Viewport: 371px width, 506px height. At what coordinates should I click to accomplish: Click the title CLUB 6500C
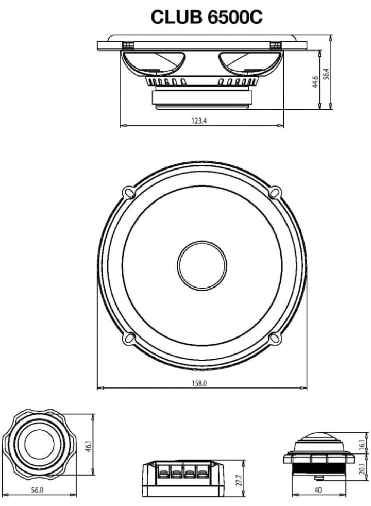point(207,16)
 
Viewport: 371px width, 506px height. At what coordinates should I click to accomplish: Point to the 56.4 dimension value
point(326,73)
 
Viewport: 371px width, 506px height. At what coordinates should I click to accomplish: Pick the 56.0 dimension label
point(37,490)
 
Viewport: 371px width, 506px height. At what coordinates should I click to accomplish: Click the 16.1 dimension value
point(362,442)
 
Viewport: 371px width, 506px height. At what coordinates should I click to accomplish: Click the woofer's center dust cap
point(201,265)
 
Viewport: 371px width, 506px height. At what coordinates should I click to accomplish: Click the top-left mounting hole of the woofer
point(128,192)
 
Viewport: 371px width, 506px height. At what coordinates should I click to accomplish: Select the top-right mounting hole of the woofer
point(275,192)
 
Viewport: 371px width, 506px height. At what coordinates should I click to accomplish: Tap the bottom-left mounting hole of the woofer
point(128,339)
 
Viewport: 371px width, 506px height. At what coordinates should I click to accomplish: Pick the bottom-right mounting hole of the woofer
point(275,339)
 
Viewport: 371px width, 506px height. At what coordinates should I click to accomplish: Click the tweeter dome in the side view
point(318,441)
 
